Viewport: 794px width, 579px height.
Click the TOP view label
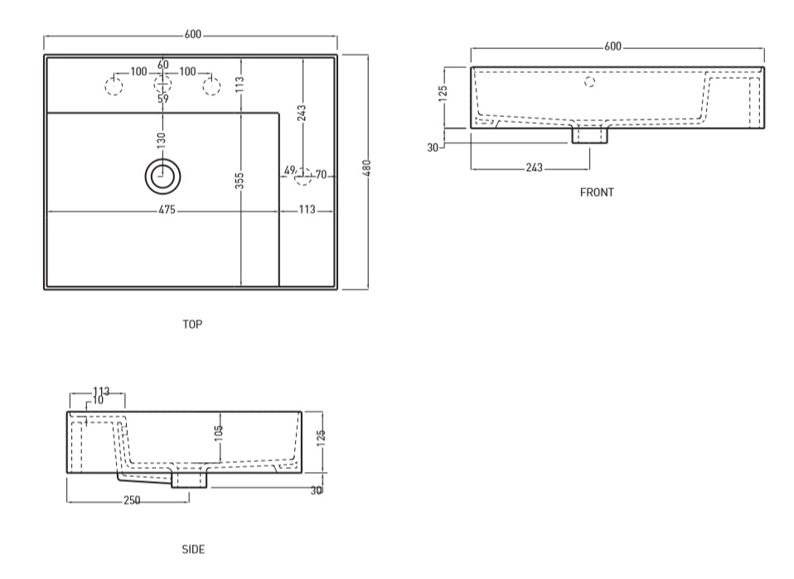[192, 324]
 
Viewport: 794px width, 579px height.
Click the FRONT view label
[597, 192]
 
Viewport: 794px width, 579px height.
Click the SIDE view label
[193, 550]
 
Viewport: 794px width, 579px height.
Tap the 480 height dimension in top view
[366, 168]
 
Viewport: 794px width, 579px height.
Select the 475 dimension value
[167, 210]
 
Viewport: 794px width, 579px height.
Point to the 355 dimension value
[240, 181]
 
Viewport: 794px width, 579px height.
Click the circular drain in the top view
[162, 177]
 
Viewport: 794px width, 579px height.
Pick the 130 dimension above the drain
[161, 140]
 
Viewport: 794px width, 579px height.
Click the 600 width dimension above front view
[612, 46]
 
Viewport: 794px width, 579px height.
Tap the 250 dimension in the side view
[132, 500]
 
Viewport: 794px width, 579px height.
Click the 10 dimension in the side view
[99, 401]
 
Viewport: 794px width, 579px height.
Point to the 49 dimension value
[289, 170]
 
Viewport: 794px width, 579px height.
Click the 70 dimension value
[321, 175]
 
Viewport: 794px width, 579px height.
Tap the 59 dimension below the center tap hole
[162, 99]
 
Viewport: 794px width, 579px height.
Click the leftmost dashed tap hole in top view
[114, 86]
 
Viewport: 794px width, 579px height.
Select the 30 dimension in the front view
[433, 148]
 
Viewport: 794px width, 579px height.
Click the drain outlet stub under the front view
[589, 135]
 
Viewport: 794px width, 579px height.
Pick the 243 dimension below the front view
[534, 168]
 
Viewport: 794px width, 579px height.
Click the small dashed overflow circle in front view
[589, 81]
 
